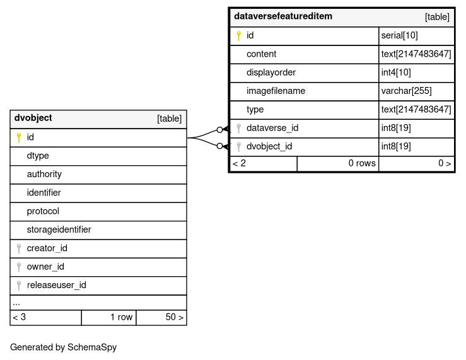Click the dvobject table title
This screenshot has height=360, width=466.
click(x=33, y=119)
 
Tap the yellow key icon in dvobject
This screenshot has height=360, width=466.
click(x=19, y=137)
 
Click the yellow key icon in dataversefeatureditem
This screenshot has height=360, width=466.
click(x=239, y=36)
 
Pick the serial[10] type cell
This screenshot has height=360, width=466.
click(x=399, y=36)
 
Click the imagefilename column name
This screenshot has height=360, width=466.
click(x=276, y=91)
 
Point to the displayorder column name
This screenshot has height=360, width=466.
click(x=271, y=73)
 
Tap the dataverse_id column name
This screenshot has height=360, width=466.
click(x=272, y=129)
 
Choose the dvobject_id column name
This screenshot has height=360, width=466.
click(x=269, y=147)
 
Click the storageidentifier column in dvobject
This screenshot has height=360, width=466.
click(x=59, y=230)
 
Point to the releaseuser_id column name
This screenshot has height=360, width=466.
click(x=56, y=286)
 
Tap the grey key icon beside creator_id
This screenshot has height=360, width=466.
click(x=19, y=248)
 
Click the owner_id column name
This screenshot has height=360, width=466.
click(x=45, y=267)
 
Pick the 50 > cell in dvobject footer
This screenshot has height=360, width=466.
click(x=174, y=317)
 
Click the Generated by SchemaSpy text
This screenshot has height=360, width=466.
click(x=63, y=347)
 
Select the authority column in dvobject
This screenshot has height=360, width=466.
click(x=44, y=175)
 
